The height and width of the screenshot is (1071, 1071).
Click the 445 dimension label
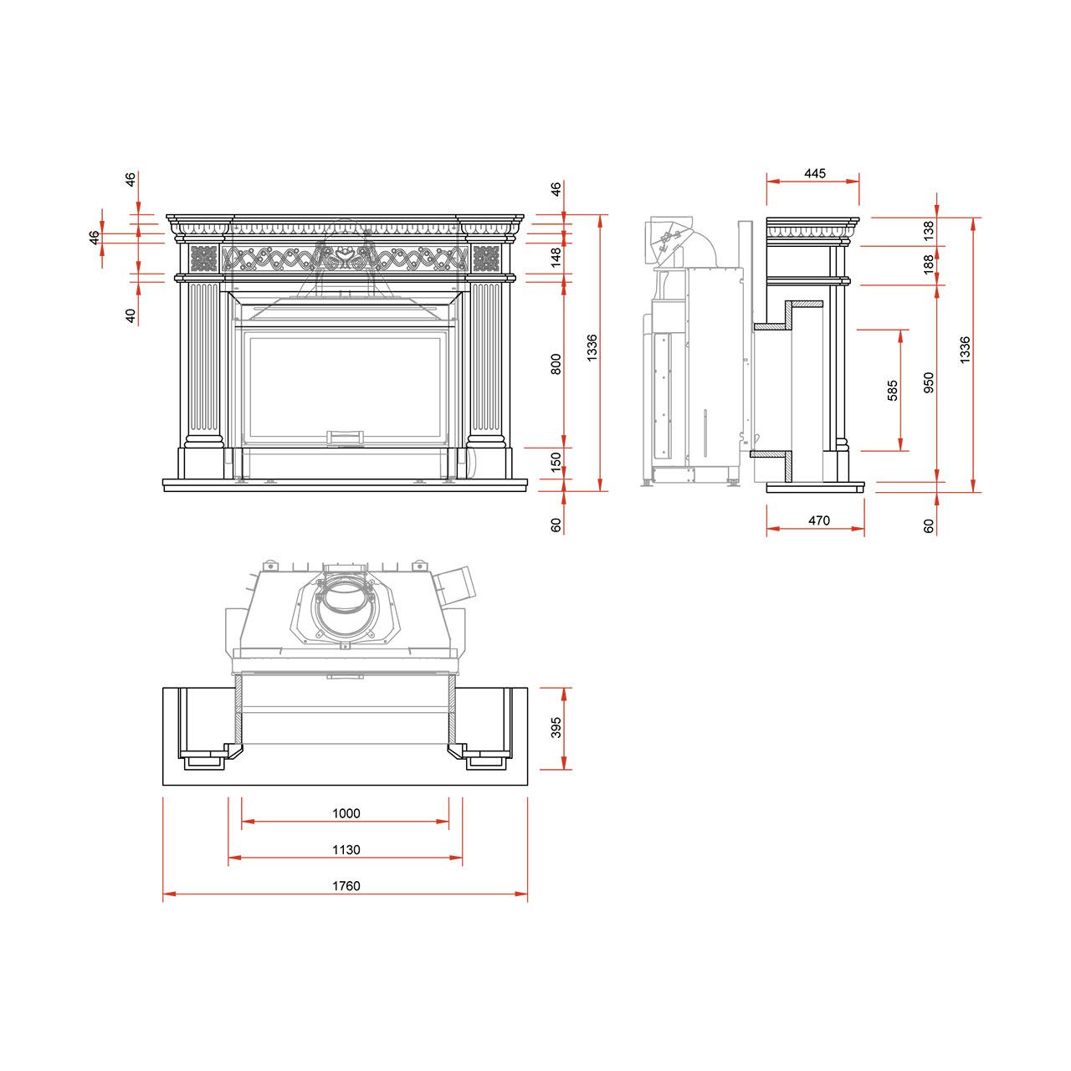[x=814, y=173]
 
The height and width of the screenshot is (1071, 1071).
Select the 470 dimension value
[x=818, y=520]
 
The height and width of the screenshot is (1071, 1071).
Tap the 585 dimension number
[x=892, y=390]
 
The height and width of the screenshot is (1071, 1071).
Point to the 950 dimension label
[x=929, y=382]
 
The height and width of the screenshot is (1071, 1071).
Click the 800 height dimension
[x=556, y=364]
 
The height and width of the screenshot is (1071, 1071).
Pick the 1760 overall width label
[x=346, y=885]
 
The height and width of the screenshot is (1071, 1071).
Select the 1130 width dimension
[x=346, y=849]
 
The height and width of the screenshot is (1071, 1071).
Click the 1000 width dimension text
[x=346, y=813]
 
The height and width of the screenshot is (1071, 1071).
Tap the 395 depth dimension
[x=556, y=727]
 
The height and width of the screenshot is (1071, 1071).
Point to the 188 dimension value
[x=929, y=264]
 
